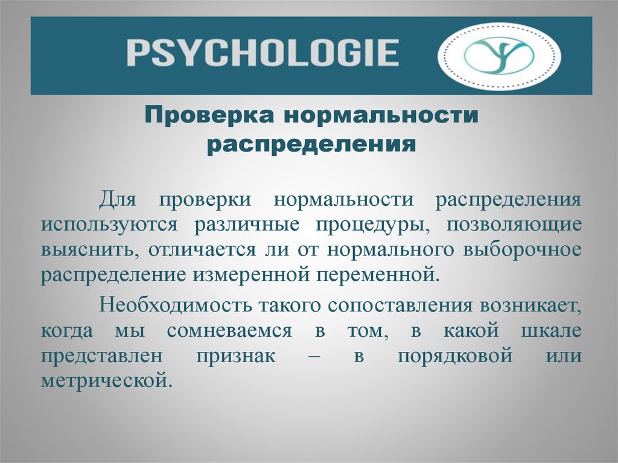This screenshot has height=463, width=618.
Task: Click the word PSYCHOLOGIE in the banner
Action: coord(263,53)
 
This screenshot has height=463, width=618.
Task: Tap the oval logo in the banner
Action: coord(499,56)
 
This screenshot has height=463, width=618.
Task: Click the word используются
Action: coord(109,225)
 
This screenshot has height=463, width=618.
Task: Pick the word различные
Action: coord(246,225)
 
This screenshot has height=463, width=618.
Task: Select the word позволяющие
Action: coord(515,225)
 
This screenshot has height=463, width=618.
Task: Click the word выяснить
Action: coord(86,250)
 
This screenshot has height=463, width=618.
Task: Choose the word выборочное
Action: coord(522,250)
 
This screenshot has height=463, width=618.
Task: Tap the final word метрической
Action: coord(103,382)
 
